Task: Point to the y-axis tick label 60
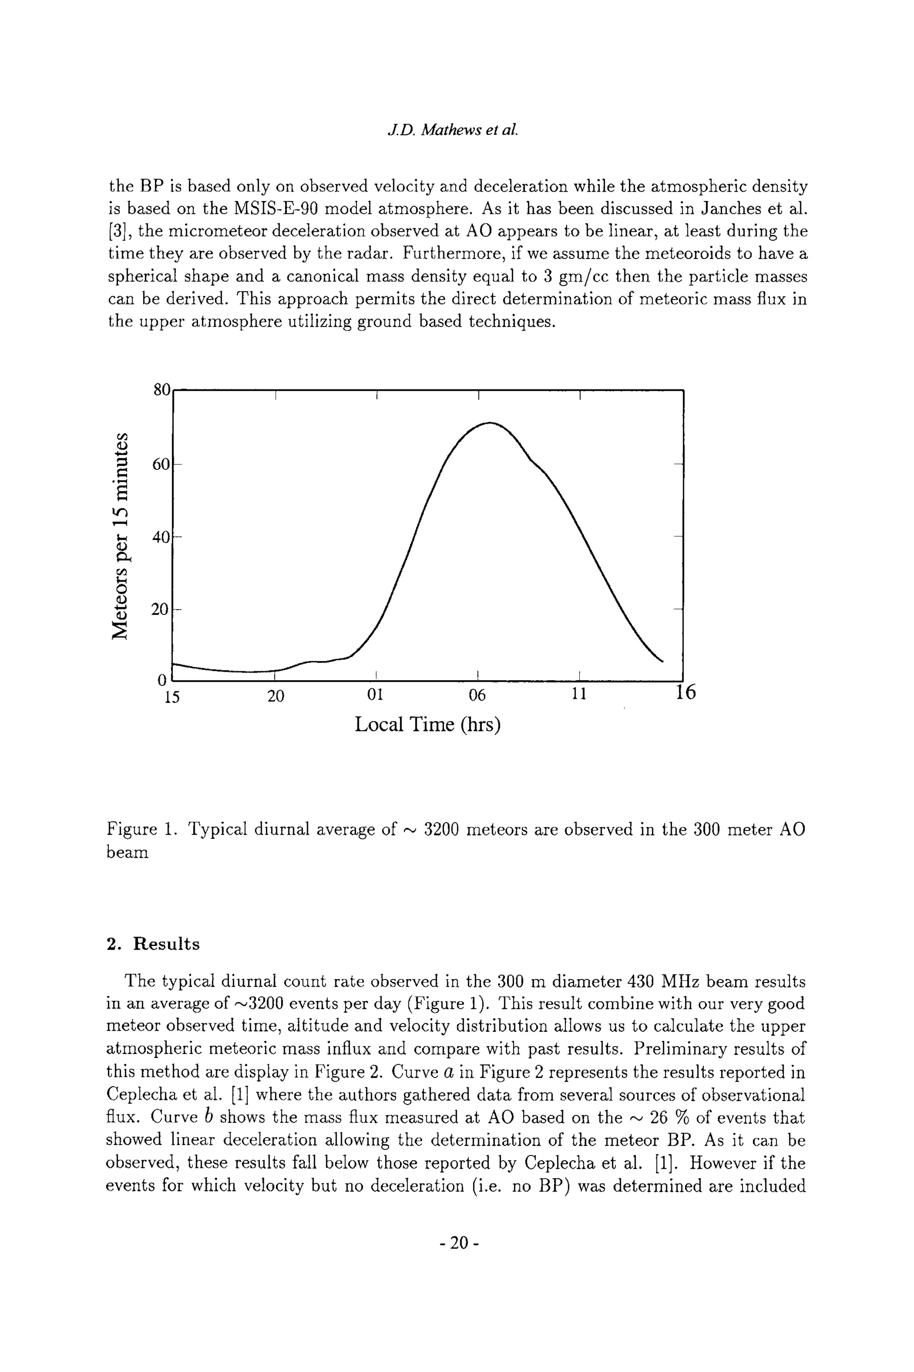160,464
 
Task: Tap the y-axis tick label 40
160,537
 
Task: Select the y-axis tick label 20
160,610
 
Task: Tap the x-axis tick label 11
578,695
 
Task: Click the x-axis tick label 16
685,692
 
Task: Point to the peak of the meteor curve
490,422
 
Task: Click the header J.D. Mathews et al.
453,130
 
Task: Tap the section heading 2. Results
154,944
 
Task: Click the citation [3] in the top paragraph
118,232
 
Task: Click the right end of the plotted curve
663,661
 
